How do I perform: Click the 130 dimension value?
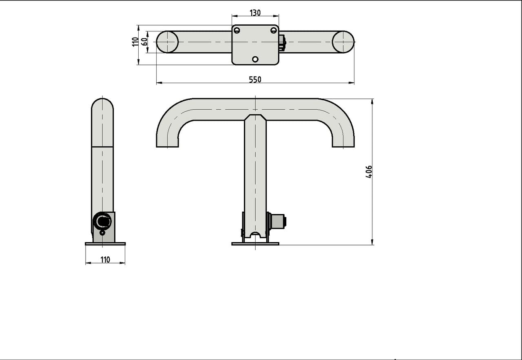255,13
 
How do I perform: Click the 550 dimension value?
255,80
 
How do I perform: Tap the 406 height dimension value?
369,172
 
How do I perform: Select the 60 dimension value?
144,42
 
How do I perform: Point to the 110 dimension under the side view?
105,260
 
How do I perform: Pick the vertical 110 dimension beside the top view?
135,42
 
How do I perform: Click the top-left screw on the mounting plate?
237,30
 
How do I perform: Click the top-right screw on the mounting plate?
274,30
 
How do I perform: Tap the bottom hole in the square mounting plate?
255,59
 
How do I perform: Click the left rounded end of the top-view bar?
167,42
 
